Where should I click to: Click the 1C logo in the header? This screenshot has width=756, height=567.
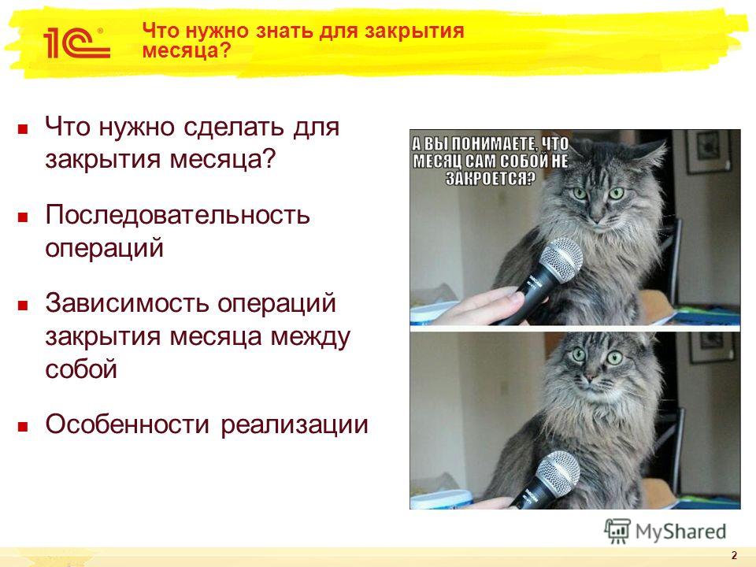[x=76, y=43]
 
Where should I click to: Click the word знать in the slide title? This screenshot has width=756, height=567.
[x=276, y=31]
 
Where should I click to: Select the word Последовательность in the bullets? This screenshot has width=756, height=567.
[x=177, y=214]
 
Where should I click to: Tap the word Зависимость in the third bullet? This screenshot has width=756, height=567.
[x=128, y=302]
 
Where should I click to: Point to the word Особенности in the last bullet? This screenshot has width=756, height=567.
[x=128, y=424]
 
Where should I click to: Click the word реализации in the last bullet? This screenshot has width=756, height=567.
[x=295, y=425]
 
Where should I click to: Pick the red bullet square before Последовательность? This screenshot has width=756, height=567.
[x=23, y=217]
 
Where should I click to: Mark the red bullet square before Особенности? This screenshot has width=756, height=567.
[x=23, y=427]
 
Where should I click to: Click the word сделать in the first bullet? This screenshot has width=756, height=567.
[x=234, y=128]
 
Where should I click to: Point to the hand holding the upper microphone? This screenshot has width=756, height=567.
[x=487, y=306]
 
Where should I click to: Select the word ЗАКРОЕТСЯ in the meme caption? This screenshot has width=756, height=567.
[x=491, y=179]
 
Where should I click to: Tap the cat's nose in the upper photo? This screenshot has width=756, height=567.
[x=596, y=211]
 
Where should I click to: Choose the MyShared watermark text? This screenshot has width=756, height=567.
[x=680, y=532]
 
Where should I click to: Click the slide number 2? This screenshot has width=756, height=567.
[x=734, y=554]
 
